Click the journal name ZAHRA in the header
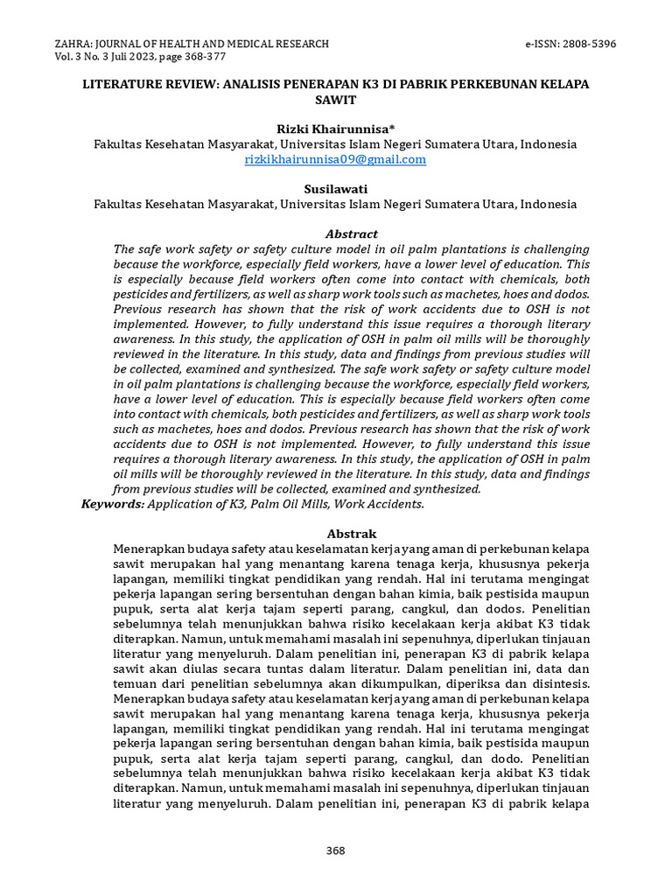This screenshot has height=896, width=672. (x=73, y=43)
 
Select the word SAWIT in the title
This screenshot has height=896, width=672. (x=335, y=100)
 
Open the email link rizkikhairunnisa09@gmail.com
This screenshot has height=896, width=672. (x=335, y=159)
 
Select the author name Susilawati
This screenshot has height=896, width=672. (x=335, y=189)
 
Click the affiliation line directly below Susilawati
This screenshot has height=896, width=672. (x=335, y=204)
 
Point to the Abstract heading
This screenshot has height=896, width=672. (x=352, y=234)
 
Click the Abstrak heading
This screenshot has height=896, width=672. (x=352, y=533)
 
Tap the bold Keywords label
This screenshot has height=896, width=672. (x=113, y=503)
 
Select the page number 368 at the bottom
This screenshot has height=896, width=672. (x=335, y=850)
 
